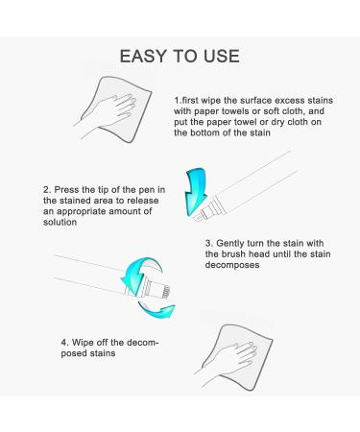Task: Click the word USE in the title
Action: coord(216,57)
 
